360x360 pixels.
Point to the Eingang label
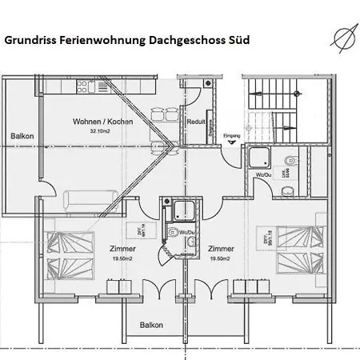pyautogui.click(x=231, y=136)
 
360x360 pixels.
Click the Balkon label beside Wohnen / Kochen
pyautogui.click(x=22, y=136)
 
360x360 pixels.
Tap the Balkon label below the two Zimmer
pyautogui.click(x=151, y=325)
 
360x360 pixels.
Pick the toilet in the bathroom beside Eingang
pyautogui.click(x=286, y=190)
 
